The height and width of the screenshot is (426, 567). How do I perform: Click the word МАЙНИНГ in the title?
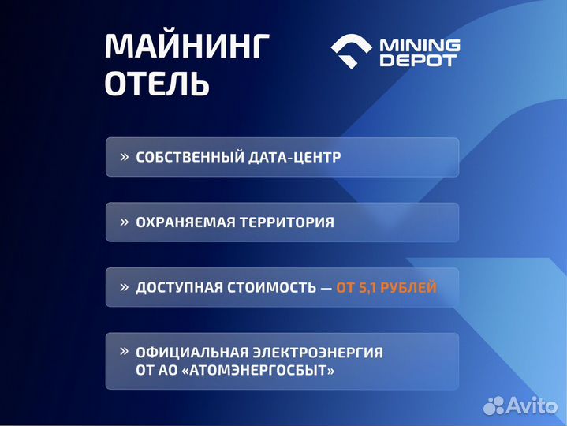click(186, 47)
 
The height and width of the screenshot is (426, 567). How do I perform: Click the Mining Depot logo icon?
click(352, 52)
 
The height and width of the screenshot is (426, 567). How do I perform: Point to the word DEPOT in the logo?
click(418, 61)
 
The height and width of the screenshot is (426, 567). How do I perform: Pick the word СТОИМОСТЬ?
click(268, 288)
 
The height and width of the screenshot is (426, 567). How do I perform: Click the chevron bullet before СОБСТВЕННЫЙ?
click(124, 156)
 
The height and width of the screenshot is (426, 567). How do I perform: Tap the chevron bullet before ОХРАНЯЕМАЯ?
click(124, 222)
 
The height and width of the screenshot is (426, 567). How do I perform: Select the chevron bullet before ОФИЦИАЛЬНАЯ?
click(124, 352)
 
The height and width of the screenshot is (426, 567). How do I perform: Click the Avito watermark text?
click(531, 405)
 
